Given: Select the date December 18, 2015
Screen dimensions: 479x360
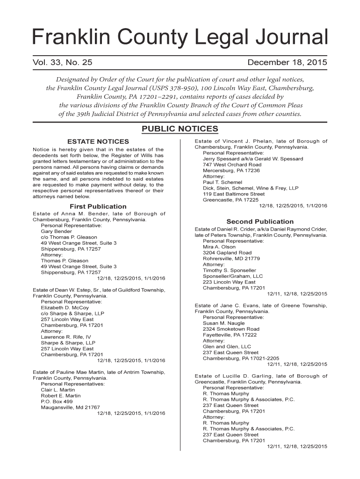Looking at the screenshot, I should [287, 63].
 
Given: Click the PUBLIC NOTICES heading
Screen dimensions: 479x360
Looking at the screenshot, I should [180, 129].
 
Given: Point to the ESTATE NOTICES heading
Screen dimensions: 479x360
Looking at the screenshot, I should [98, 141].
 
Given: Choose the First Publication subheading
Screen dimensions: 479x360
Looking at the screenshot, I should [98, 206].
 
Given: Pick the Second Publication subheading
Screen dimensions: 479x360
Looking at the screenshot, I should [260, 221].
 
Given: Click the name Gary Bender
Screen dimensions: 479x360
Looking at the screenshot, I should [57, 231].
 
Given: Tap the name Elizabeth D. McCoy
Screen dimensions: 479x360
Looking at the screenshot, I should [65, 308].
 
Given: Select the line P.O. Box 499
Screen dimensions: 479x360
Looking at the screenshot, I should [57, 401].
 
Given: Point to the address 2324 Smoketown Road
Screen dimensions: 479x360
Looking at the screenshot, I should [231, 329].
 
